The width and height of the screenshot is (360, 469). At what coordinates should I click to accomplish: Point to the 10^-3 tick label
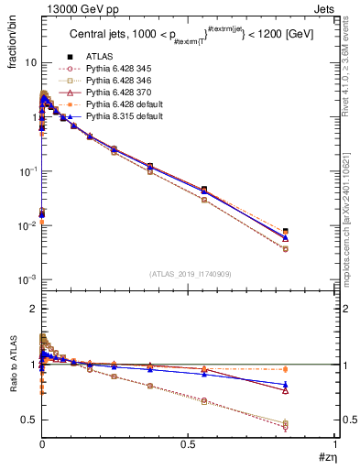click(27, 279)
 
